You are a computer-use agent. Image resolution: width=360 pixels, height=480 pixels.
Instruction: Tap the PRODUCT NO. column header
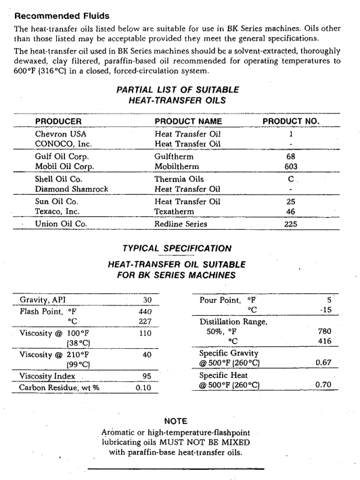(x=291, y=122)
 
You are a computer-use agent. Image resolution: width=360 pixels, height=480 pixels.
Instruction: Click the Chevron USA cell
(x=61, y=134)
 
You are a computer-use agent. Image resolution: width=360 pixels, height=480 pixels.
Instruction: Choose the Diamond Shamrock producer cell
(x=72, y=189)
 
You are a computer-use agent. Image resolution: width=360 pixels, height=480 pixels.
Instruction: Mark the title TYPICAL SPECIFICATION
(x=177, y=248)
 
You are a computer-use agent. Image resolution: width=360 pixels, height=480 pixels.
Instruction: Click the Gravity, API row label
(x=43, y=299)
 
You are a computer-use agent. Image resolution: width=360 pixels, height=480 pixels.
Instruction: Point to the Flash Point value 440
(x=143, y=312)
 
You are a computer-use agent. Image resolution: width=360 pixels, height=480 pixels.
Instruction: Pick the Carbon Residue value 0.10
(x=143, y=388)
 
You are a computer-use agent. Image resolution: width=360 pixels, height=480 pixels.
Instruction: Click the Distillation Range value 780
(x=324, y=332)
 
